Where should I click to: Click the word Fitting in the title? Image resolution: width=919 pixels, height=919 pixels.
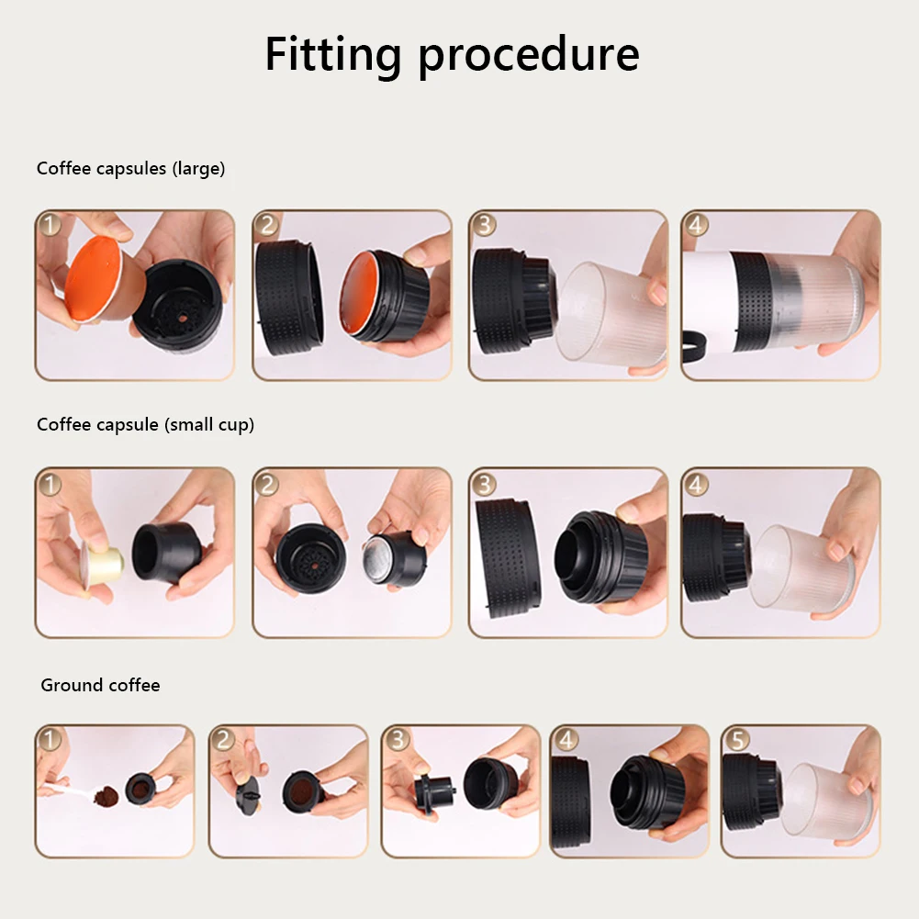point(333,54)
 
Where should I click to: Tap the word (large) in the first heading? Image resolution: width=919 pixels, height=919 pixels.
point(198,169)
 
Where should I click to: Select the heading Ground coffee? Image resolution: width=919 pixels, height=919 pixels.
point(100,685)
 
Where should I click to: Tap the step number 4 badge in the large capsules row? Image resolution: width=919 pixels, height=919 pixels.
point(696,225)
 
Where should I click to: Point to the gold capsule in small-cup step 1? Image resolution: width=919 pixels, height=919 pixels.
point(102,564)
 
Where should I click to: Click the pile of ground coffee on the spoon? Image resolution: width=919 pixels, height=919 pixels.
point(106,796)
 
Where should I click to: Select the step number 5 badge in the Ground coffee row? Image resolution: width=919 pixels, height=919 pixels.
point(738,740)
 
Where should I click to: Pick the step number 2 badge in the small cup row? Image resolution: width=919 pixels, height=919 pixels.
point(267,485)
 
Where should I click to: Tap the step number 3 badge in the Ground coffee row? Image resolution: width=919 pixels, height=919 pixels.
point(398,740)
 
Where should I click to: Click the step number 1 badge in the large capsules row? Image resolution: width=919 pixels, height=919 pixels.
point(50,225)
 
